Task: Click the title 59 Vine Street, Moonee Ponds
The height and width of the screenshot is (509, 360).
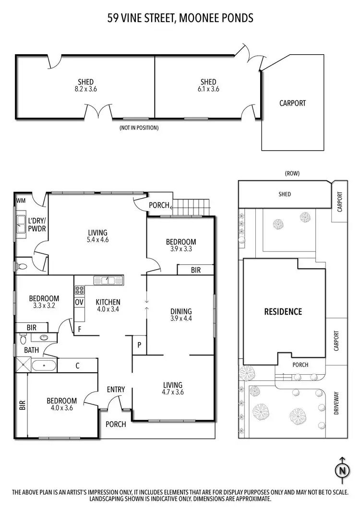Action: point(180,18)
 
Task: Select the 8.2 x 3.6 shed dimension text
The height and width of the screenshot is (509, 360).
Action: point(86,89)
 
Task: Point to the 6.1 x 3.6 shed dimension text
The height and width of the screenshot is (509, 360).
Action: point(208,89)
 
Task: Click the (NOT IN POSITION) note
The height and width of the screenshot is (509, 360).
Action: point(139,128)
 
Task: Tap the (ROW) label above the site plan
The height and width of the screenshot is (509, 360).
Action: point(292,173)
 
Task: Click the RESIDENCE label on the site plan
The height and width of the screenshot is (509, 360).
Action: point(283,311)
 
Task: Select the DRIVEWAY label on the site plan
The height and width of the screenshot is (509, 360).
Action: point(336,403)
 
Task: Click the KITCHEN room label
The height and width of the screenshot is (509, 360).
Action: point(108,302)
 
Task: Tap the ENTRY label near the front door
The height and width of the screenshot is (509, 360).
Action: point(116,390)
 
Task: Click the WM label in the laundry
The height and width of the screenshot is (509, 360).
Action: point(21,200)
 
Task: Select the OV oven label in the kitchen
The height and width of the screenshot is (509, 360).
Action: point(79,302)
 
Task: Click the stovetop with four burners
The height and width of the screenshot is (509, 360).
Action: point(79,290)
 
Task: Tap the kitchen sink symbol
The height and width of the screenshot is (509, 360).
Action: point(108,280)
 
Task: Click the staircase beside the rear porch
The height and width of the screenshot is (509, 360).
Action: point(191,208)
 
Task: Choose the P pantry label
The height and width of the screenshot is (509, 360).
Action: point(139,344)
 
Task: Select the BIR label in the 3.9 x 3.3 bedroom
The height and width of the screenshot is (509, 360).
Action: point(195,271)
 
